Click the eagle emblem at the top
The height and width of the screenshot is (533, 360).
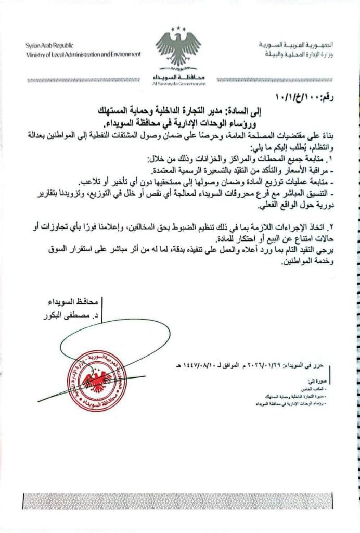coord(177,49)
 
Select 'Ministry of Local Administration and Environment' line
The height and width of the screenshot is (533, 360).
coord(83,54)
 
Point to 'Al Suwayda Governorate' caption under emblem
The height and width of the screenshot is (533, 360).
coord(179,83)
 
